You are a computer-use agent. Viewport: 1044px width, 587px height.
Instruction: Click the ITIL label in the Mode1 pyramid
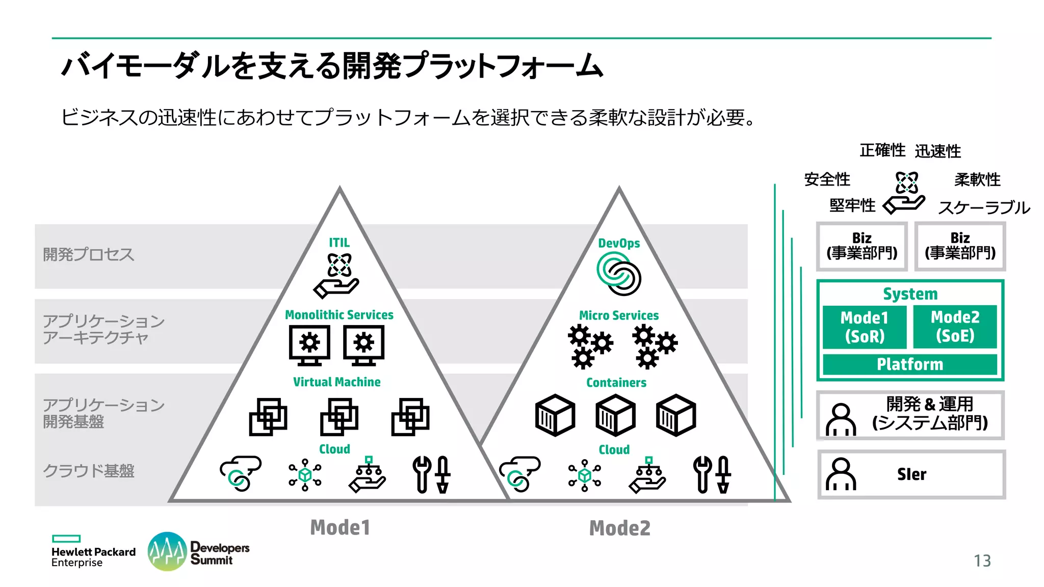[x=339, y=243]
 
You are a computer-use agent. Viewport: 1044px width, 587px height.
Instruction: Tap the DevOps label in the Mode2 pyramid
[x=619, y=243]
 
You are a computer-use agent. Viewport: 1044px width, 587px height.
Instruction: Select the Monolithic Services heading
[x=339, y=315]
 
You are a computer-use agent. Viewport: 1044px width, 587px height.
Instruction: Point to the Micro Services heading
[x=619, y=315]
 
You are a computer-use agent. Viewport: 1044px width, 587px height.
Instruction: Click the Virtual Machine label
[x=336, y=382]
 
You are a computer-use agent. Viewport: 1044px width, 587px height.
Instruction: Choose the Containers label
[x=616, y=383]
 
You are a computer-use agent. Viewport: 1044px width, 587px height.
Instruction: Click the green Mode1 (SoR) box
[x=865, y=327]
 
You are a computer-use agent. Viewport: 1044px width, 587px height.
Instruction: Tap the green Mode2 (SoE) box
[x=955, y=326]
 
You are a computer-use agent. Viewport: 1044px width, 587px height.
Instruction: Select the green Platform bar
[x=910, y=364]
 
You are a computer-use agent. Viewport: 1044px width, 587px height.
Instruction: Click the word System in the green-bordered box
[x=910, y=294]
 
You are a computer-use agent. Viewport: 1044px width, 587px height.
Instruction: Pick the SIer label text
[x=911, y=474]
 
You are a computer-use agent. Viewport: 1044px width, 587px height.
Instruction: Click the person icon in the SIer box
[x=841, y=474]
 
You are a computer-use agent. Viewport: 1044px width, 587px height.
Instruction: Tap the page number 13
[x=982, y=561]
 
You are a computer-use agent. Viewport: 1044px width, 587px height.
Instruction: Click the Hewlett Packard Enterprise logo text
[x=93, y=556]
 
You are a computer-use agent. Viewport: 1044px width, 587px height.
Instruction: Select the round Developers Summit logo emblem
[x=167, y=551]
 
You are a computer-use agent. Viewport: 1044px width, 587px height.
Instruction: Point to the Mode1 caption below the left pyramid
[x=340, y=527]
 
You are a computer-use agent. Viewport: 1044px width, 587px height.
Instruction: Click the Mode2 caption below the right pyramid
[x=620, y=528]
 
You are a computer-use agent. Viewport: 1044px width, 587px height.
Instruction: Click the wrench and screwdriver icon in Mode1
[x=431, y=474]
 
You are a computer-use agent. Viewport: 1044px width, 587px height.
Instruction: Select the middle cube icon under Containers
[x=615, y=415]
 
